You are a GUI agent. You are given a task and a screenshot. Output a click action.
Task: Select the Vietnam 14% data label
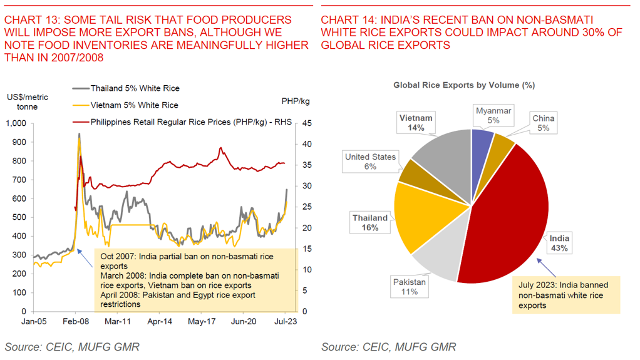[416, 123]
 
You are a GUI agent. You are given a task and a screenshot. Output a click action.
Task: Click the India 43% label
[559, 243]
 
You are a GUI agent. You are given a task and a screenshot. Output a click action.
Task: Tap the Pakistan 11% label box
[410, 287]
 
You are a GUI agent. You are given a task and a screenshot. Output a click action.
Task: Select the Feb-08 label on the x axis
[76, 321]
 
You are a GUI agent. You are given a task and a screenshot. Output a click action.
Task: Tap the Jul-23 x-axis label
[286, 321]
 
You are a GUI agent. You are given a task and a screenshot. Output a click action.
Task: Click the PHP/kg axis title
[296, 101]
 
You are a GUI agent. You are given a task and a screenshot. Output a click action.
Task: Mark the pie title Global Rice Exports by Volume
[464, 85]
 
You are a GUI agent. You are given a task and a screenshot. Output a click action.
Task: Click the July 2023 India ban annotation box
[567, 295]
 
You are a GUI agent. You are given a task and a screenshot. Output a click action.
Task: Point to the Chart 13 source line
[72, 347]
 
